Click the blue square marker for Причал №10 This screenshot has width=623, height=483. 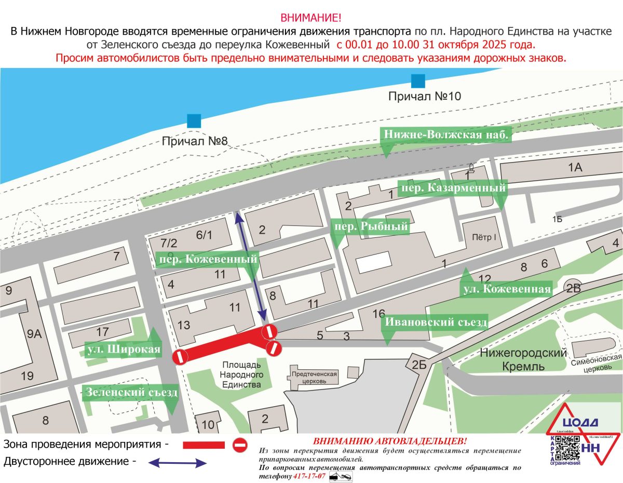click(417, 81)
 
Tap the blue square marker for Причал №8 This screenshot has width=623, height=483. click(194, 121)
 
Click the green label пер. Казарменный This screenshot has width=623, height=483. click(452, 188)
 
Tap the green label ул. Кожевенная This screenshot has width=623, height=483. click(506, 289)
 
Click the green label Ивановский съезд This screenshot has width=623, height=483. click(435, 323)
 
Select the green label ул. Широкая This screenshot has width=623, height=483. click(123, 349)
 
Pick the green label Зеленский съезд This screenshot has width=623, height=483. click(132, 392)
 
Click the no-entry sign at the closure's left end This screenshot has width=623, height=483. click(180, 357)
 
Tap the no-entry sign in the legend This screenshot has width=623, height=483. click(240, 445)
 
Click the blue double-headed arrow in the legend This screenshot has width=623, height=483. click(178, 462)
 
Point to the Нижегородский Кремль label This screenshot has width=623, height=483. click(523, 359)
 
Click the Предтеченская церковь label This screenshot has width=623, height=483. click(314, 377)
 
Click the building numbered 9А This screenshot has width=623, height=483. click(34, 333)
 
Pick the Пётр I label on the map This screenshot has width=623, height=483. click(484, 236)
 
